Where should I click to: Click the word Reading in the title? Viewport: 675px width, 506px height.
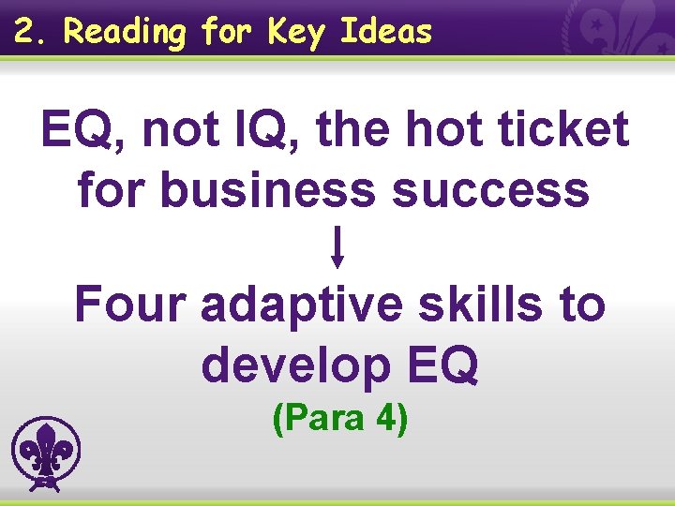pyautogui.click(x=125, y=33)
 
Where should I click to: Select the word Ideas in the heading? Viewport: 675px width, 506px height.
pyautogui.click(x=386, y=32)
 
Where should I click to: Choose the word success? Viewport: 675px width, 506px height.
pyautogui.click(x=491, y=189)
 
